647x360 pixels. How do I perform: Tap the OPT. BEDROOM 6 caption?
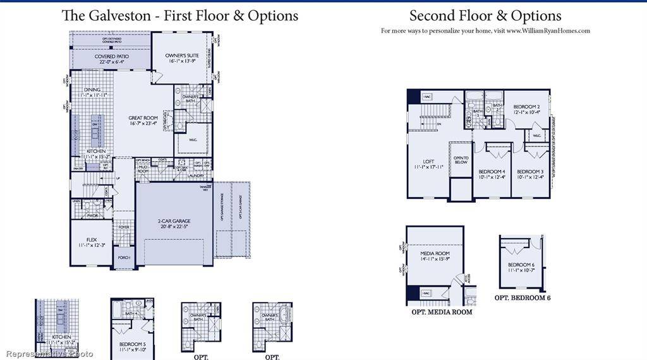tap(523, 297)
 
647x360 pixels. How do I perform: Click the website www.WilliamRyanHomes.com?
tap(548, 30)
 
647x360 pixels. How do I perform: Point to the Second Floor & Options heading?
tap(485, 16)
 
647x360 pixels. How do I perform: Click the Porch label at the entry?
tap(123, 257)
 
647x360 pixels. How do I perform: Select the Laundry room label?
tap(195, 176)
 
